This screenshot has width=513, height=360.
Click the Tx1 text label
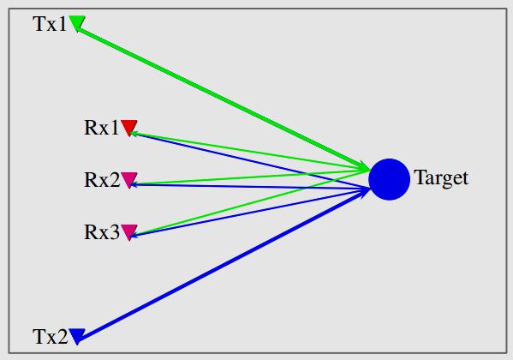click(x=50, y=24)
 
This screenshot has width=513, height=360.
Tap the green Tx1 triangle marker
click(x=77, y=23)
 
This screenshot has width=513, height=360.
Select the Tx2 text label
click(x=51, y=337)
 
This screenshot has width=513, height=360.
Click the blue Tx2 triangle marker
click(x=77, y=336)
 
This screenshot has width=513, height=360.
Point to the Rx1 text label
click(x=101, y=128)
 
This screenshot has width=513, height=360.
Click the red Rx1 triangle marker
click(x=129, y=127)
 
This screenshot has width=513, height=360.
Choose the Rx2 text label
click(x=102, y=180)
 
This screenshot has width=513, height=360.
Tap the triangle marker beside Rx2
click(x=129, y=180)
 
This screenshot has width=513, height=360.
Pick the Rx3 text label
click(x=102, y=232)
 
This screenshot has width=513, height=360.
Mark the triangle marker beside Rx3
click(x=129, y=232)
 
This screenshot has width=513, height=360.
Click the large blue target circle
click(x=390, y=179)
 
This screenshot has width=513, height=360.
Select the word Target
click(x=441, y=178)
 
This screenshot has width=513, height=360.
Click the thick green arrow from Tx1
click(x=224, y=99)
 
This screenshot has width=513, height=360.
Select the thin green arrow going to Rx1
click(x=249, y=152)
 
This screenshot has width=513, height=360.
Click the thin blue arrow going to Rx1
click(x=249, y=161)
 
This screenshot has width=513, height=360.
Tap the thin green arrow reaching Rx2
click(x=249, y=177)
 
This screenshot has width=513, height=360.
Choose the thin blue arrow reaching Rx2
click(x=249, y=187)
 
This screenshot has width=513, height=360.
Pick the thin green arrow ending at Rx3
click(x=249, y=203)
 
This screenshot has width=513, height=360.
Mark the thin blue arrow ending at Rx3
click(x=249, y=213)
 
